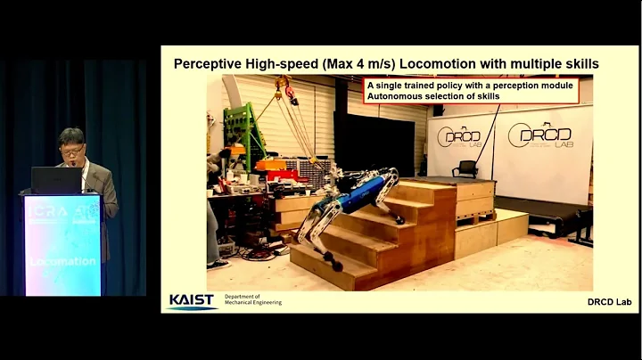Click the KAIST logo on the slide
(192, 301)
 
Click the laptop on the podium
(56, 180)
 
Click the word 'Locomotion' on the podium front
(62, 261)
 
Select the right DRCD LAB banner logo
(539, 135)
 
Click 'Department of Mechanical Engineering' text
(253, 300)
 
